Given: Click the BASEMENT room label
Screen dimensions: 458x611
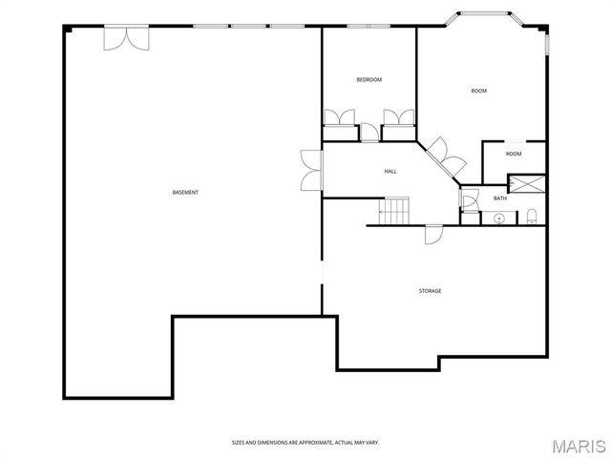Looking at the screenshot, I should coord(185,193).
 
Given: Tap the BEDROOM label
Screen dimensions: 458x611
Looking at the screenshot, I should coord(369,80).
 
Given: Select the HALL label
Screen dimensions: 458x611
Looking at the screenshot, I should coord(390,172).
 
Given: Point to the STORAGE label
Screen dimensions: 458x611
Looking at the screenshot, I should coord(430,291).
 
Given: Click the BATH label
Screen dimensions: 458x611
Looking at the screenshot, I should coord(499,198).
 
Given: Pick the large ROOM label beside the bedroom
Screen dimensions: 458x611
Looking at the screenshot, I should coord(478,92).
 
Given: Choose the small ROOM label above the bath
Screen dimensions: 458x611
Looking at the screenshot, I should coord(514,154).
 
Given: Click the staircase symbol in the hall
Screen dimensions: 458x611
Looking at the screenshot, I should coord(395,210).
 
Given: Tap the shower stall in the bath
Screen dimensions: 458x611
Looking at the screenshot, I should coord(527,181).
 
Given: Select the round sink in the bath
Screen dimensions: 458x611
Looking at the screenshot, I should coord(498,219).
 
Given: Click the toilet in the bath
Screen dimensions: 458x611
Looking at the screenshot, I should coord(532,217).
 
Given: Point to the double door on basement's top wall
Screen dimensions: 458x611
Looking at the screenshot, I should coord(126,39).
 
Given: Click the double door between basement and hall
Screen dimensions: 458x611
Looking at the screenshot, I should coord(311,171).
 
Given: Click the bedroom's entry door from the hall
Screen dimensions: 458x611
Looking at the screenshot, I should coord(369,134).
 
